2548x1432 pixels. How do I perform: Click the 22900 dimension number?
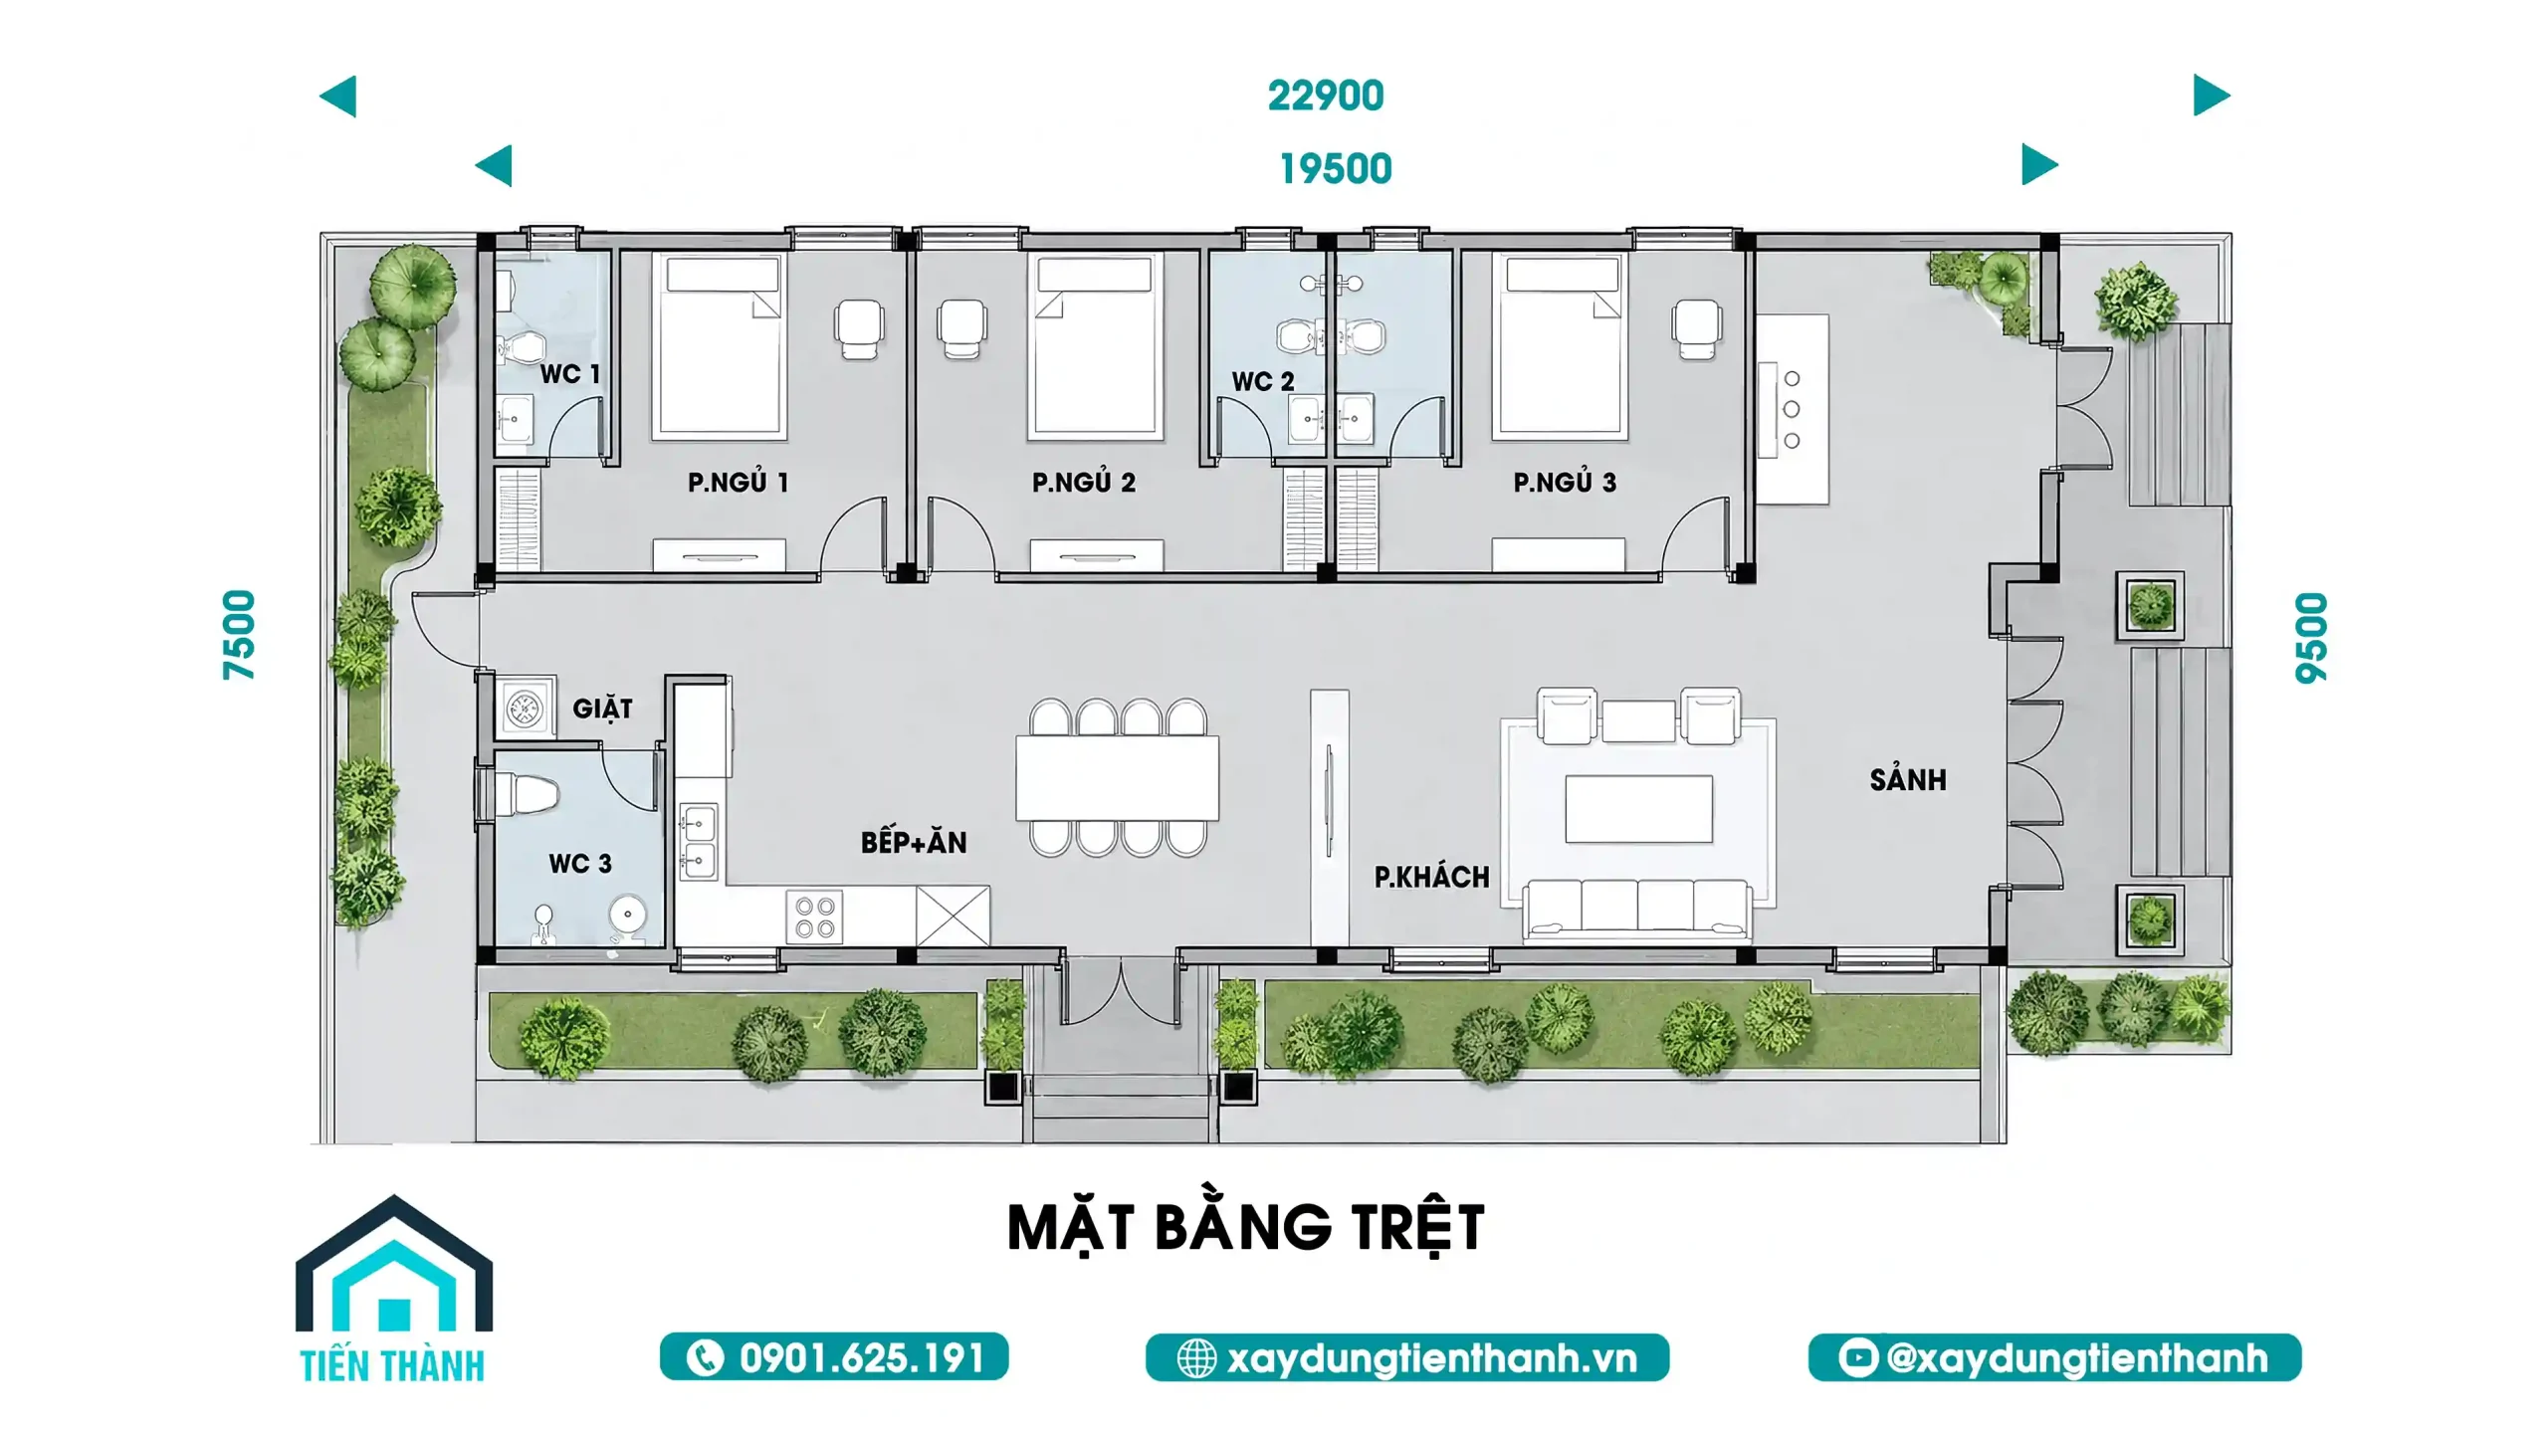coord(1325,96)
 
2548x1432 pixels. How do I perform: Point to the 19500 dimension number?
coord(1335,169)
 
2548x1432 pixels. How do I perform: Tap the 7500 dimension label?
coord(239,635)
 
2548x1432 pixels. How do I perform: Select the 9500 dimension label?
coord(2311,638)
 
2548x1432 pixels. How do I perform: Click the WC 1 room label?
coord(569,374)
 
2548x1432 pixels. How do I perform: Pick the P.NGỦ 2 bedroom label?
coord(1083,483)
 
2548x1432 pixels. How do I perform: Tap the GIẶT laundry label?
coord(602,709)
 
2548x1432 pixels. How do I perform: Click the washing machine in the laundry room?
coord(525,709)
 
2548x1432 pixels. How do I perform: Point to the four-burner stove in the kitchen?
coord(814,917)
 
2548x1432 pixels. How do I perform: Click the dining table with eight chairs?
coord(1117,777)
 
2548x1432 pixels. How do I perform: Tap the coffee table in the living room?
coord(1638,809)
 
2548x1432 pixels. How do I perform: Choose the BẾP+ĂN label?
coord(913,842)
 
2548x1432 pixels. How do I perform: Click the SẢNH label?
coord(1907,779)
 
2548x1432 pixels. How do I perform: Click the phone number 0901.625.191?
coord(862,1358)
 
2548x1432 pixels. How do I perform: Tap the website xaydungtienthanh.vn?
coord(1431,1358)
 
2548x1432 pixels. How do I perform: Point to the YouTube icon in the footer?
coord(1857,1357)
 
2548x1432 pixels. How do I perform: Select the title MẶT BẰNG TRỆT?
coord(1246,1228)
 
